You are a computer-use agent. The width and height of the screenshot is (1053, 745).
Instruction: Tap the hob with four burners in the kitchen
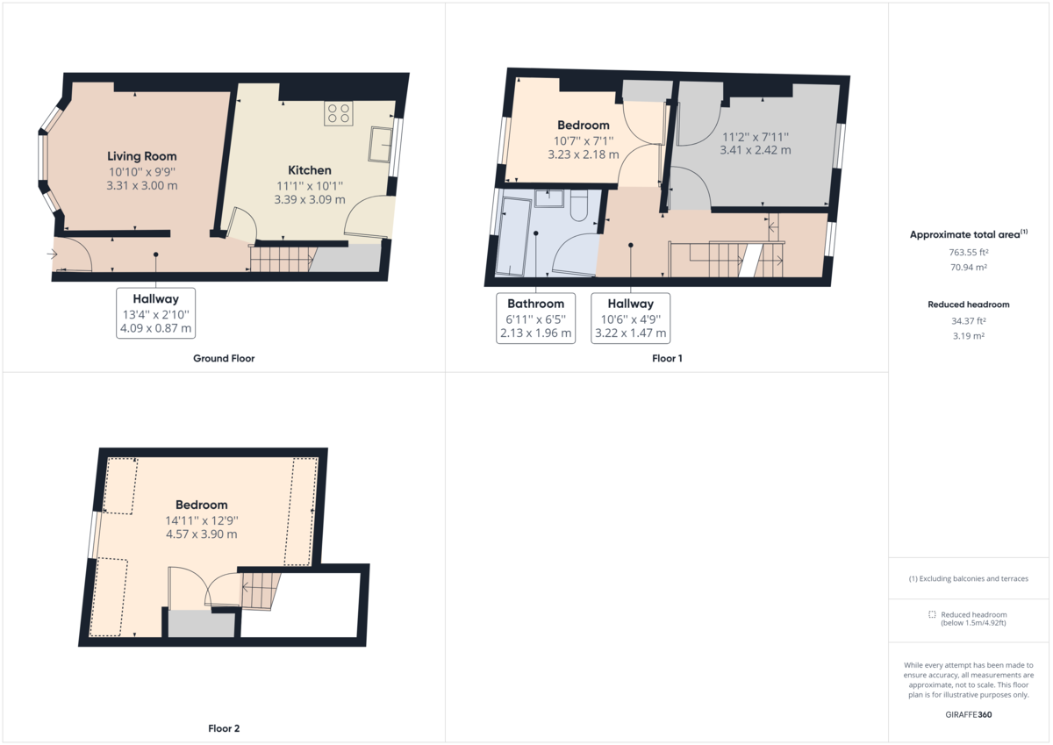point(338,113)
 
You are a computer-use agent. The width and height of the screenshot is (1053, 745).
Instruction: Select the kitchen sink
point(381,145)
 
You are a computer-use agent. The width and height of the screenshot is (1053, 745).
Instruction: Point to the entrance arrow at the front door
point(54,254)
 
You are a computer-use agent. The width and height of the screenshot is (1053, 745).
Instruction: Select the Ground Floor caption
point(224,358)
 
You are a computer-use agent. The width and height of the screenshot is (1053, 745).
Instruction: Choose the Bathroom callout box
point(536,318)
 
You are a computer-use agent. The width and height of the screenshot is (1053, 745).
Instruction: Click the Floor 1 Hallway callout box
point(630,318)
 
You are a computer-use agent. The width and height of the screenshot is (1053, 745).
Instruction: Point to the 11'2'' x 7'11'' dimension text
point(755,137)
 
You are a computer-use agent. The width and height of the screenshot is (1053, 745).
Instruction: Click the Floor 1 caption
point(667,358)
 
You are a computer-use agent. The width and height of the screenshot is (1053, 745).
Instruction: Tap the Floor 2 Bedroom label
point(201,505)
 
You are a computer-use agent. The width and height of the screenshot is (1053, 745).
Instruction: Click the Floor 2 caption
point(224,728)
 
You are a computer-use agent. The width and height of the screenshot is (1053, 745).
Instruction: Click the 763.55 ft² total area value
point(969,253)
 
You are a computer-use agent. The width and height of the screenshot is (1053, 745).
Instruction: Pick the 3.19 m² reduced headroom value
point(969,335)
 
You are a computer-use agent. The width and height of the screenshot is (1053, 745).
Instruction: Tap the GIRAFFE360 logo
point(969,714)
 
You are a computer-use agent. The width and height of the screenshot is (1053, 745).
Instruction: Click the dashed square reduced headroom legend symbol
point(932,614)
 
